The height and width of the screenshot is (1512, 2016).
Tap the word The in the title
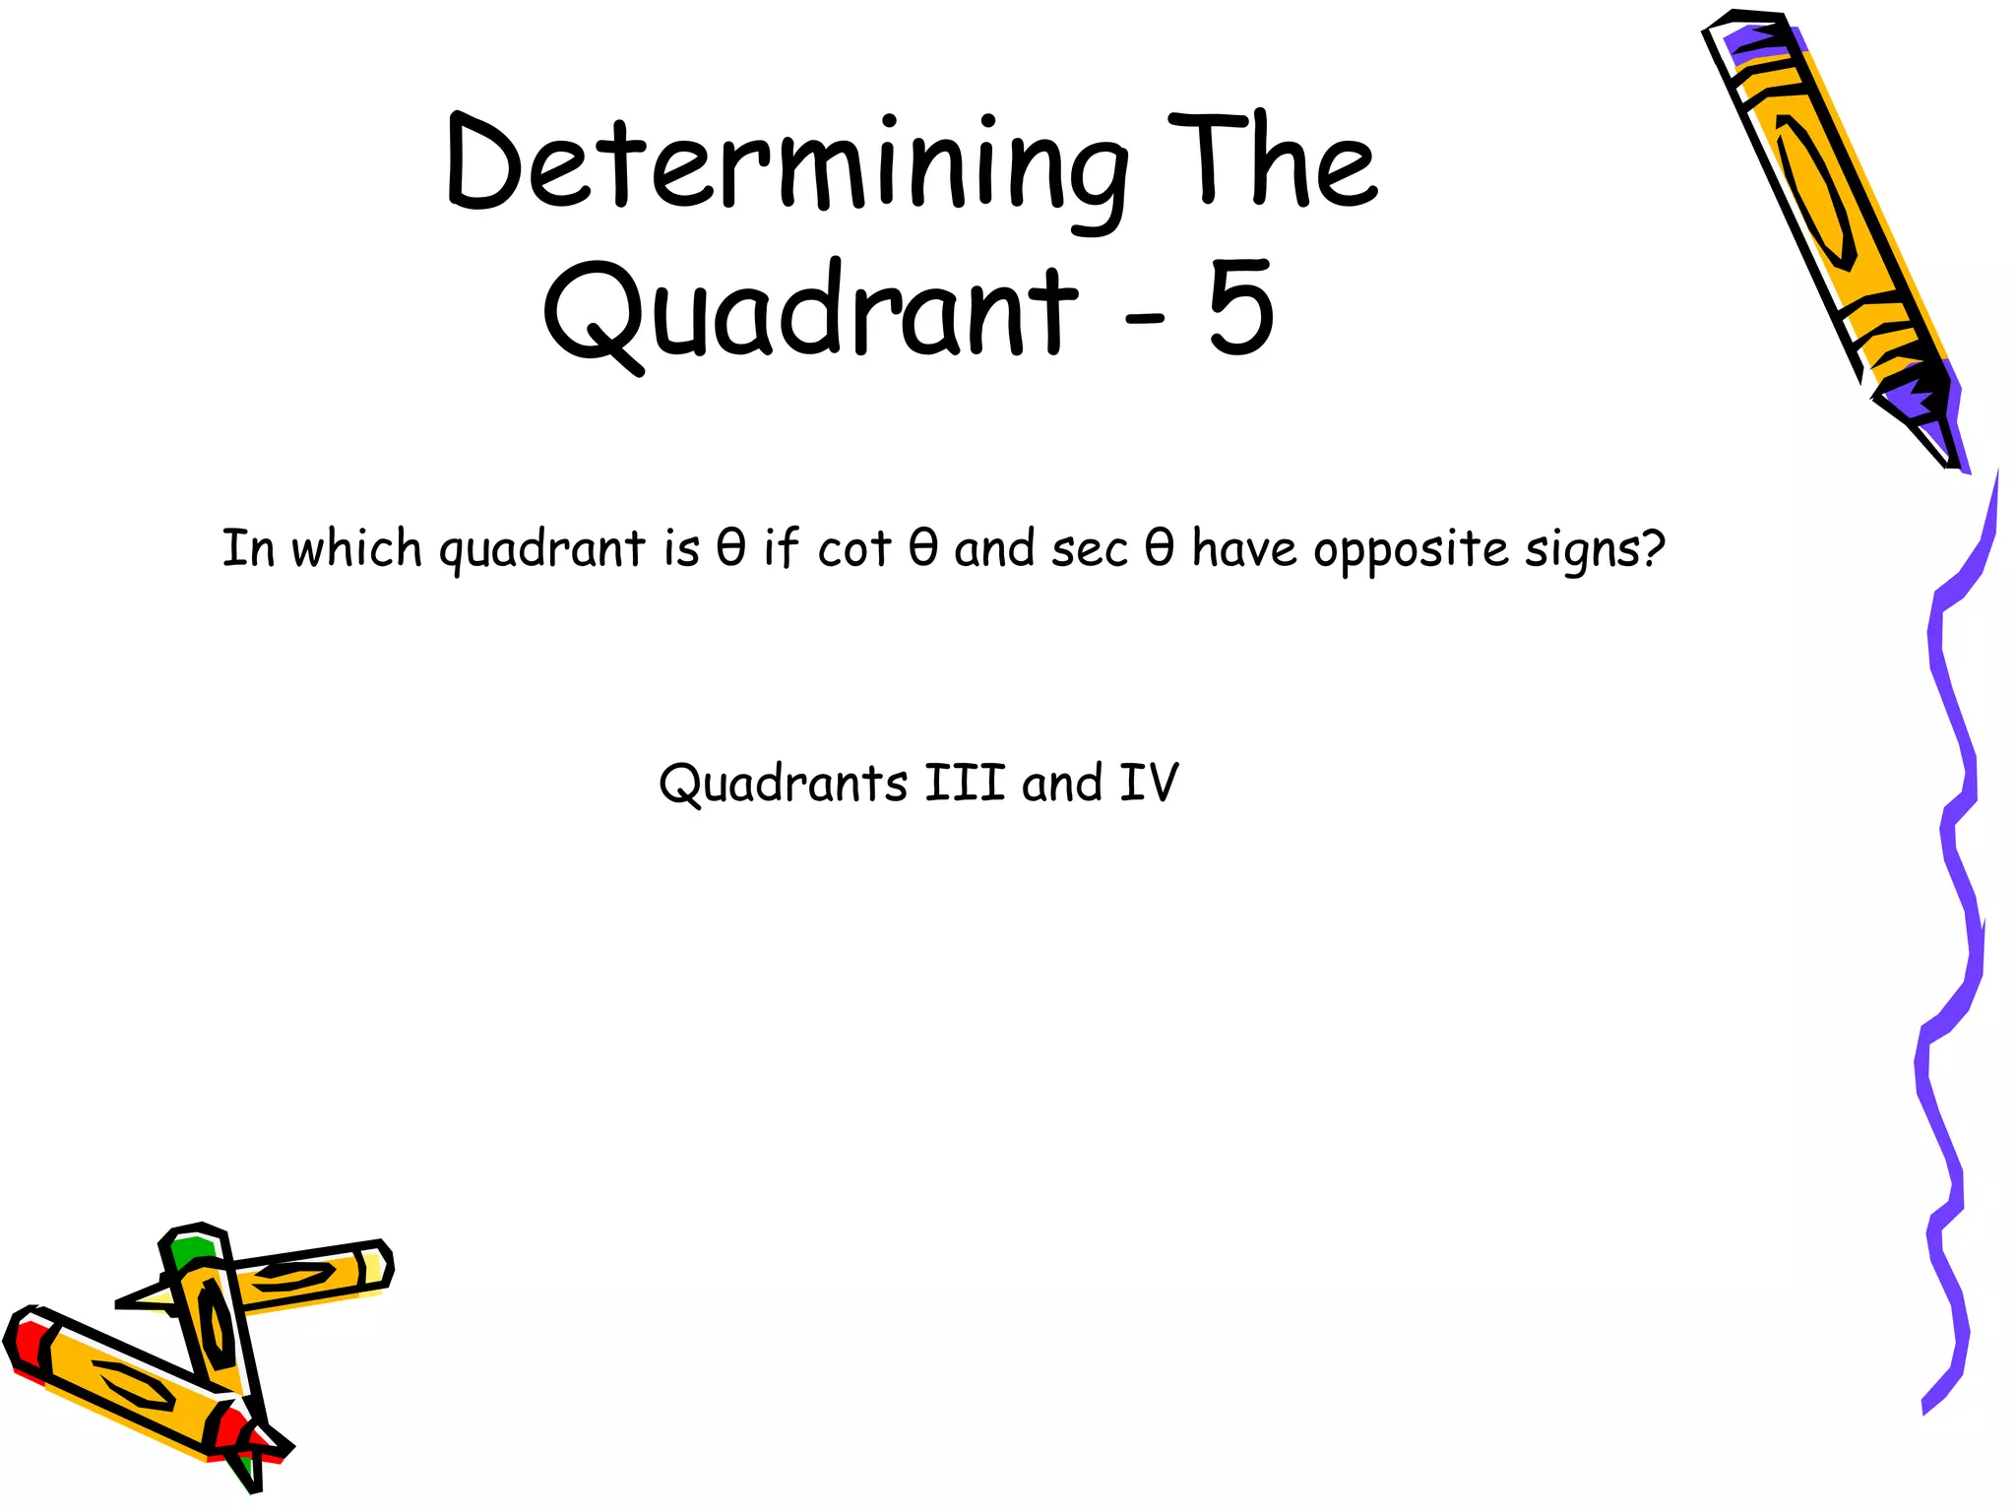(1272, 162)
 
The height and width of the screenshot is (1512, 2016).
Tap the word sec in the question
(1089, 549)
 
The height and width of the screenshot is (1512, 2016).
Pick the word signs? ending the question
(1595, 549)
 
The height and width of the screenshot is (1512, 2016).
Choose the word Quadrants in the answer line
(783, 785)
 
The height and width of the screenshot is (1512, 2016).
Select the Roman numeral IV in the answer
(1149, 784)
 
